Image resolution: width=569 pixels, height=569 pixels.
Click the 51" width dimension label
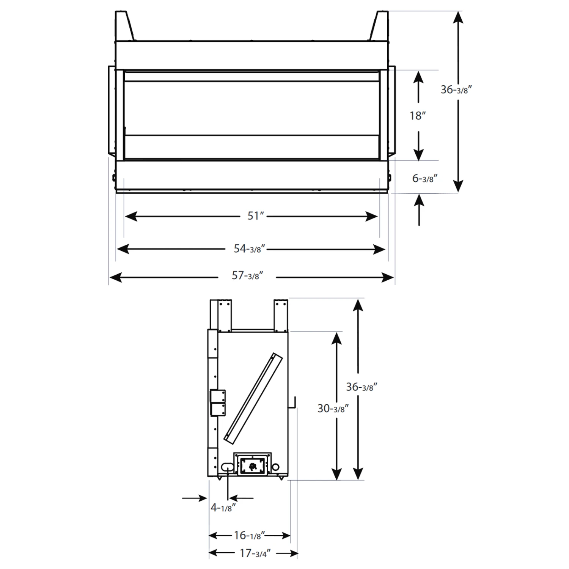point(255,216)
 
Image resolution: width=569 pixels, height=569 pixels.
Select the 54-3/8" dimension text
point(249,249)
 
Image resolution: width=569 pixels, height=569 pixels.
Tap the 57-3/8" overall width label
point(247,276)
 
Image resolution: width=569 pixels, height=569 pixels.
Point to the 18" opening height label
point(418,116)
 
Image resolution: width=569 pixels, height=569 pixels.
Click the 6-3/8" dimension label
point(425,178)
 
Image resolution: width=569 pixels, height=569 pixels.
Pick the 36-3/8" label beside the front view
point(456,90)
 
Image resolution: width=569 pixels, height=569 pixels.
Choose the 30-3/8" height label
point(333,409)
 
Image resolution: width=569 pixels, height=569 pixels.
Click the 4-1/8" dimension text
point(223,507)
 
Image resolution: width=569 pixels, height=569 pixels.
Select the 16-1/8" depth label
point(250,535)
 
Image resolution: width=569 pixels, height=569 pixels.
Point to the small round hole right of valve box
point(276,466)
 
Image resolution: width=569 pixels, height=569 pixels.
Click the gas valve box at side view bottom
point(252,464)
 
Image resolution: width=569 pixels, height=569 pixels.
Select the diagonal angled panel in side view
point(253,398)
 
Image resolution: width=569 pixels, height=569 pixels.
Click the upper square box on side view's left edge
point(218,396)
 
